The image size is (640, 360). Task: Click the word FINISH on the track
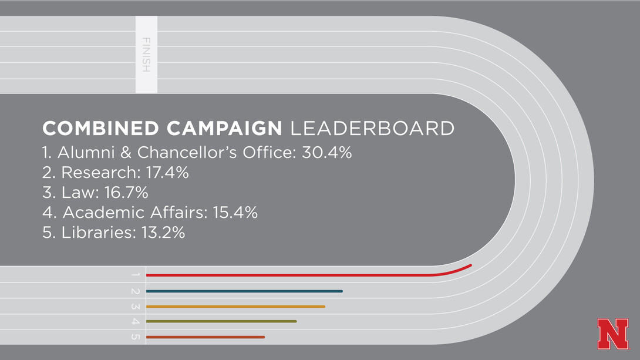pos(146,55)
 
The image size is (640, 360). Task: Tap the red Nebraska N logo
pos(612,334)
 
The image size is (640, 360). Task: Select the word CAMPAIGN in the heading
pos(224,129)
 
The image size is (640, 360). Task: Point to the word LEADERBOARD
pos(372,129)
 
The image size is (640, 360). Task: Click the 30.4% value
pos(326,153)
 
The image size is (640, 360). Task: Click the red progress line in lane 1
pos(294,275)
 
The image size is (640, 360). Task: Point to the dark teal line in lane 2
pos(244,291)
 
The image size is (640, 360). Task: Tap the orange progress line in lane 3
pos(235,307)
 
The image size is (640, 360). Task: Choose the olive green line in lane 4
pos(221,321)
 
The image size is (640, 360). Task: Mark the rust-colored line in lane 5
pos(205,337)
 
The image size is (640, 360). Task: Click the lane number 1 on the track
pos(136,275)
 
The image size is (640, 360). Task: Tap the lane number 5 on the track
pos(136,337)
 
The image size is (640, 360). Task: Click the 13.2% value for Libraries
pos(163,233)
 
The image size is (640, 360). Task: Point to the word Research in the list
pos(95,173)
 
